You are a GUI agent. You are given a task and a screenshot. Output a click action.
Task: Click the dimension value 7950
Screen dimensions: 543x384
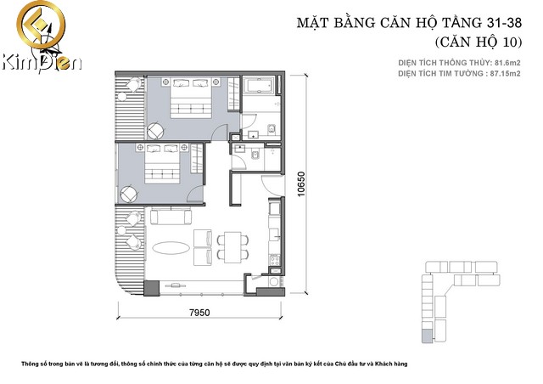(199, 313)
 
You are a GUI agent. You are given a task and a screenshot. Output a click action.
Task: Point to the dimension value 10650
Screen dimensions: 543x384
(301, 184)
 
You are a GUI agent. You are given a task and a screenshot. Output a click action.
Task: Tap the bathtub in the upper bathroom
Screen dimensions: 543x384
(259, 85)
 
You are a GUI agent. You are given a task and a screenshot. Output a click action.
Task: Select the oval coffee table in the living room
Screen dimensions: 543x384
(171, 248)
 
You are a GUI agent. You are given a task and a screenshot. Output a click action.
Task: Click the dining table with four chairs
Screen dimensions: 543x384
(232, 247)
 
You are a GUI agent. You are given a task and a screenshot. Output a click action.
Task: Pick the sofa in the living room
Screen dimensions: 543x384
(171, 216)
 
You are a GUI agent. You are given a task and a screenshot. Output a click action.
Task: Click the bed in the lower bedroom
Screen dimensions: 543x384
(162, 163)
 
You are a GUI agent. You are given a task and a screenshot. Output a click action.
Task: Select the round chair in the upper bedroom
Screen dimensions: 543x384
(155, 131)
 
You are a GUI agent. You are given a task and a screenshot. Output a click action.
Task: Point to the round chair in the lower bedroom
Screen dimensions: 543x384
(128, 195)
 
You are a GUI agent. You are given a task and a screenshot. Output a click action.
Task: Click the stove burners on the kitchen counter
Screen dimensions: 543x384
(275, 260)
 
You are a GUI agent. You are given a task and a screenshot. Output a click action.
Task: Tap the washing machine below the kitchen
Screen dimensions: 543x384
(274, 281)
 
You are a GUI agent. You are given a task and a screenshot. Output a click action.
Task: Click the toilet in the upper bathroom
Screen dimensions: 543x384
(271, 128)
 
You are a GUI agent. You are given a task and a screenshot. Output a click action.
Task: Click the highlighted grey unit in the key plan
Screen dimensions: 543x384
(428, 336)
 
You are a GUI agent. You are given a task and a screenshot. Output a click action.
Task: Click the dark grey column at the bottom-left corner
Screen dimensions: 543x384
(151, 288)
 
